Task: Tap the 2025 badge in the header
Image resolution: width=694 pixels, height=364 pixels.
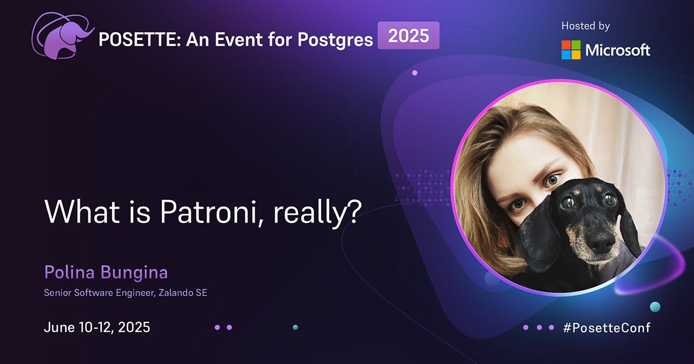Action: (x=408, y=36)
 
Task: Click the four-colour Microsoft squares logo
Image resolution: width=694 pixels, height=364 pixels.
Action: (x=571, y=50)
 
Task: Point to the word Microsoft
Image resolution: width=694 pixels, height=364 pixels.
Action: (x=618, y=50)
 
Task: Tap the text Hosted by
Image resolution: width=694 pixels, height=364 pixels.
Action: (x=585, y=26)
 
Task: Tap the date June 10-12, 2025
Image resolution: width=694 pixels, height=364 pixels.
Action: (x=97, y=327)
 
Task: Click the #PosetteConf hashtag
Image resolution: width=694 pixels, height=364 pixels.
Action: (x=607, y=328)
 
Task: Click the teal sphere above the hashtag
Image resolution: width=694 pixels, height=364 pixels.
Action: (x=655, y=306)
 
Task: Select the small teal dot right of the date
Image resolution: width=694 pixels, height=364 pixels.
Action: (x=295, y=328)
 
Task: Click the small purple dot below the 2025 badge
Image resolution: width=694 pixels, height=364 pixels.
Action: (x=415, y=73)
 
